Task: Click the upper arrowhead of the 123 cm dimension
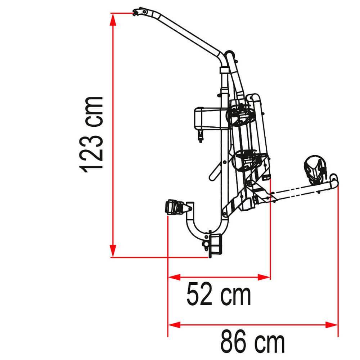[112, 19]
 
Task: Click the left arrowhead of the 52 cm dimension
[174, 277]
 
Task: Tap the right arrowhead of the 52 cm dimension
[264, 277]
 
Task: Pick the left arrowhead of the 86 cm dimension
[174, 325]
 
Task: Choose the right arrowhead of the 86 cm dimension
[332, 325]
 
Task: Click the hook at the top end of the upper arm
[139, 12]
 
